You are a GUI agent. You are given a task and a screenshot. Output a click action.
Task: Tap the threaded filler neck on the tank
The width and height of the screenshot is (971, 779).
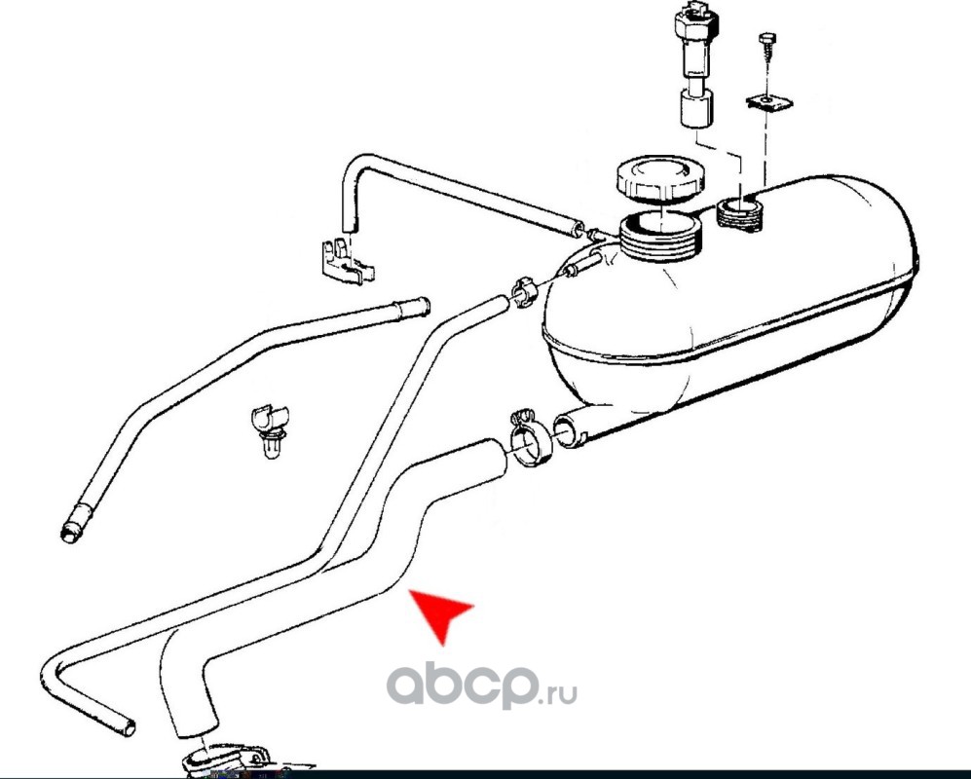(x=660, y=238)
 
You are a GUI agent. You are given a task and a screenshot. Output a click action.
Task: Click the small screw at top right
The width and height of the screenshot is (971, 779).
(x=766, y=49)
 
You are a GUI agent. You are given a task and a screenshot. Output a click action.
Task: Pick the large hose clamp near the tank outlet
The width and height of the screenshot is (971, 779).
(x=530, y=440)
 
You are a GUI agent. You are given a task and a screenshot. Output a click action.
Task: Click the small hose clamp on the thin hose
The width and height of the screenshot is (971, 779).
(x=522, y=290)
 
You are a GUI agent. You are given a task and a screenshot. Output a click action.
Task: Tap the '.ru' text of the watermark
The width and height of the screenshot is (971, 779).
(x=559, y=692)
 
